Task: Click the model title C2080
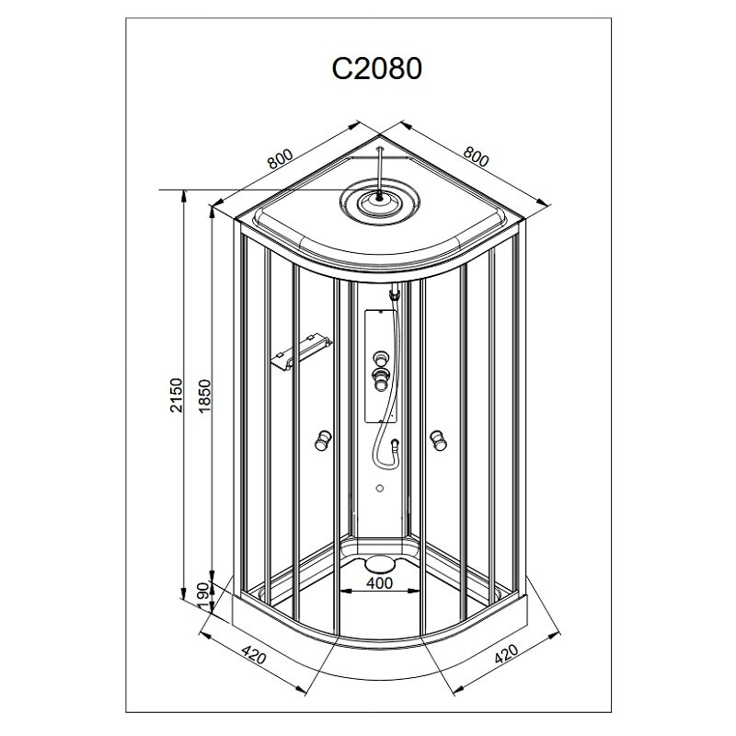(377, 68)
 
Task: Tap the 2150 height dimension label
(176, 395)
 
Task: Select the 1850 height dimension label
(204, 395)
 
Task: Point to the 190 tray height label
(202, 596)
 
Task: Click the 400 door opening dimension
(379, 583)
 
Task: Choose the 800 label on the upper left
(280, 158)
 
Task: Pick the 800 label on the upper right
(476, 156)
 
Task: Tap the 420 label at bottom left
(254, 654)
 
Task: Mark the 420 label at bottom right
(507, 653)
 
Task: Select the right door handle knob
(439, 440)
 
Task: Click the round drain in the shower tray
(379, 562)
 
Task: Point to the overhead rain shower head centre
(379, 199)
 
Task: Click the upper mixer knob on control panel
(380, 360)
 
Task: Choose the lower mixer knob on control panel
(380, 378)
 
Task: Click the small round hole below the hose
(380, 489)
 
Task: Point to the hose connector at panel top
(395, 294)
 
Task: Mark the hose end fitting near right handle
(396, 443)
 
